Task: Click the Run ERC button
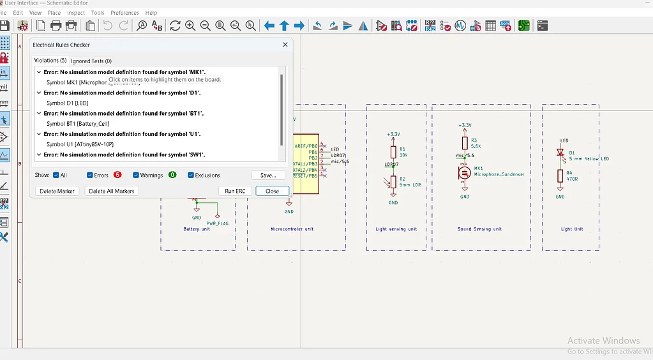pyautogui.click(x=235, y=191)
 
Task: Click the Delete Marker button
pyautogui.click(x=57, y=191)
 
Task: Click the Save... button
pyautogui.click(x=268, y=175)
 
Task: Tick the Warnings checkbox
pyautogui.click(x=136, y=175)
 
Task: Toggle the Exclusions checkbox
pyautogui.click(x=191, y=175)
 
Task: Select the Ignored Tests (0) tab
pyautogui.click(x=91, y=61)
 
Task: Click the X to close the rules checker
pyautogui.click(x=285, y=45)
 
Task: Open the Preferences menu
pyautogui.click(x=124, y=13)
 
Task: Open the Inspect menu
pyautogui.click(x=76, y=13)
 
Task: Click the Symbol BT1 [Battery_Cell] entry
pyautogui.click(x=77, y=123)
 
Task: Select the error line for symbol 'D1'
pyautogui.click(x=122, y=93)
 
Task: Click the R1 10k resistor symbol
pyautogui.click(x=393, y=152)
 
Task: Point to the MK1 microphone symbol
pyautogui.click(x=464, y=172)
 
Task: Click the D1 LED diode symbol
pyautogui.click(x=560, y=153)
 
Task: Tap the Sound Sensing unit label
pyautogui.click(x=479, y=229)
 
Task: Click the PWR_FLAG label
pyautogui.click(x=217, y=223)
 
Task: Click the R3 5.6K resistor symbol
pyautogui.click(x=464, y=143)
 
